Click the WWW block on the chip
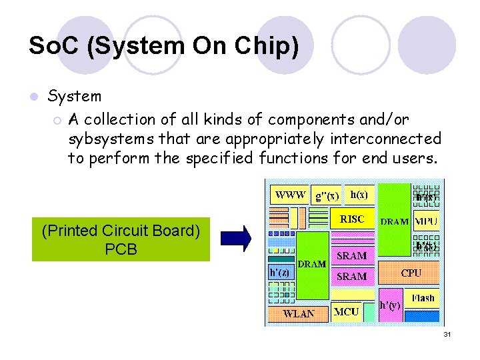coord(290,195)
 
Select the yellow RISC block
coord(352,219)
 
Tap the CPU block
coord(411,273)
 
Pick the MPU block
coord(426,221)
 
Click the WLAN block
coord(299,313)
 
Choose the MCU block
coord(347,311)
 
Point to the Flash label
coord(423,298)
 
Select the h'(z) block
coord(279,272)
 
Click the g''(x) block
coord(327,195)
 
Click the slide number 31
coord(447,334)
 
